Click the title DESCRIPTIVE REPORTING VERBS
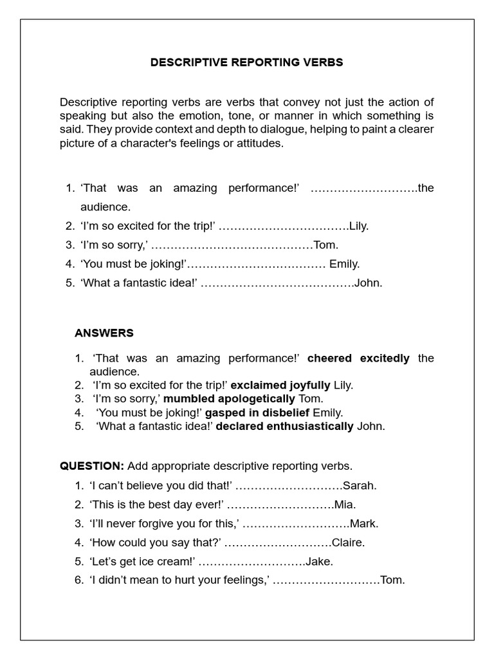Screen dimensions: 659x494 [246, 62]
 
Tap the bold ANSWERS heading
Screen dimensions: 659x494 [104, 333]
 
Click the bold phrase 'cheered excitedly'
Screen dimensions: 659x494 [358, 358]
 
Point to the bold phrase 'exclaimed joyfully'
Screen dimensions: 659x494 [280, 385]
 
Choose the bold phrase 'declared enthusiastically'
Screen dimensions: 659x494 [285, 426]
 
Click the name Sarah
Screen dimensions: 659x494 [360, 486]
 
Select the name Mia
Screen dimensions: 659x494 [345, 505]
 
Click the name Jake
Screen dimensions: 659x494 [320, 561]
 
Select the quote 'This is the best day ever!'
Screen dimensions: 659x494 [157, 505]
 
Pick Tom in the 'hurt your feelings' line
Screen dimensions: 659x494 [393, 580]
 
